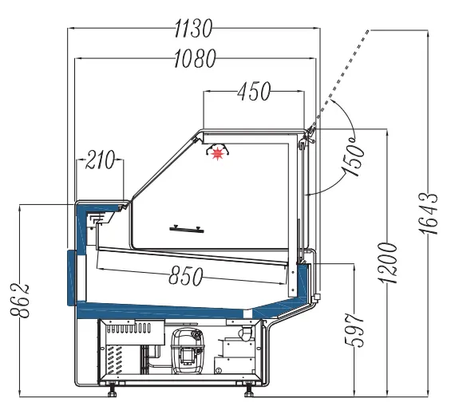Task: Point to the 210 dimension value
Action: (101, 160)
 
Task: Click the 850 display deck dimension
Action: (185, 275)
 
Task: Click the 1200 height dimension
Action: (390, 262)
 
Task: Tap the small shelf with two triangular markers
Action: (189, 229)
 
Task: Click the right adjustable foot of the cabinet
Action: (249, 389)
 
